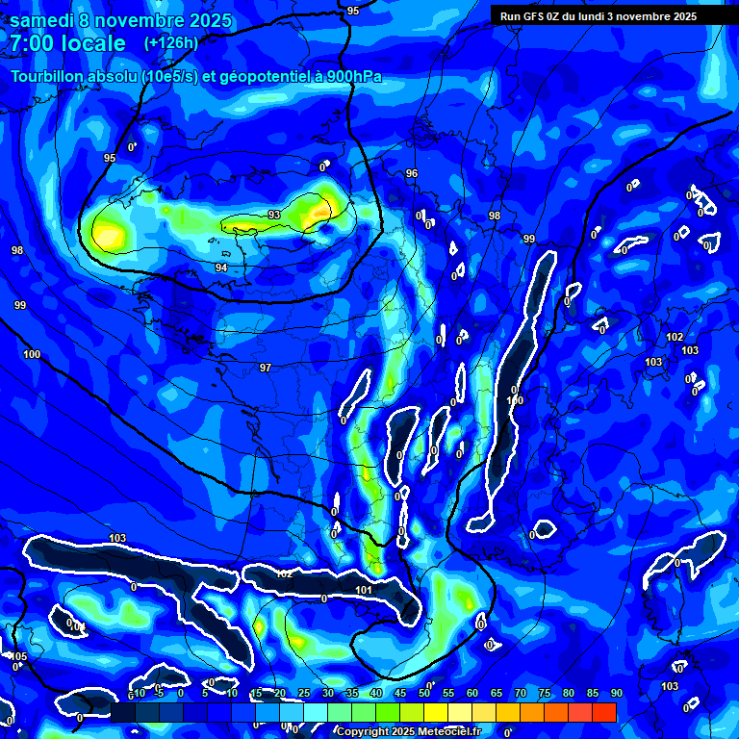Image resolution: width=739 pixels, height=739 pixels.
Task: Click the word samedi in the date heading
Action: tap(40, 20)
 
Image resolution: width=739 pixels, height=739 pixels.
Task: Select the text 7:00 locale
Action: tap(68, 44)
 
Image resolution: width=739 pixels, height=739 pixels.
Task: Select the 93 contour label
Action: tap(274, 214)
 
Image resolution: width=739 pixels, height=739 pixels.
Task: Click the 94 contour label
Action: tap(221, 268)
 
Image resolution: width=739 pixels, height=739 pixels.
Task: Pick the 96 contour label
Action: tap(412, 173)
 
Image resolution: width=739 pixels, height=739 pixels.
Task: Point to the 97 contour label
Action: tap(266, 368)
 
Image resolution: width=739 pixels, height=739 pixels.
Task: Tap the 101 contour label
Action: tap(364, 590)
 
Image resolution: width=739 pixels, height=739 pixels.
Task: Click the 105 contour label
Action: tap(19, 656)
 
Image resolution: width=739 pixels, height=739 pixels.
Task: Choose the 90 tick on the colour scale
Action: tap(616, 694)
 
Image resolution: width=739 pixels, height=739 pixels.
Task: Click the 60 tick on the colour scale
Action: tap(471, 694)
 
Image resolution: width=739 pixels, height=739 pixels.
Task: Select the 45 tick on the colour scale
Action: tap(399, 694)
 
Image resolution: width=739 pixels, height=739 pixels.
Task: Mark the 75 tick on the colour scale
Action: tap(544, 694)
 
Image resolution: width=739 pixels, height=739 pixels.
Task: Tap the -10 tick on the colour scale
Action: tap(138, 694)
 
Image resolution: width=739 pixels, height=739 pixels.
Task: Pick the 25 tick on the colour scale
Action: tap(303, 694)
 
